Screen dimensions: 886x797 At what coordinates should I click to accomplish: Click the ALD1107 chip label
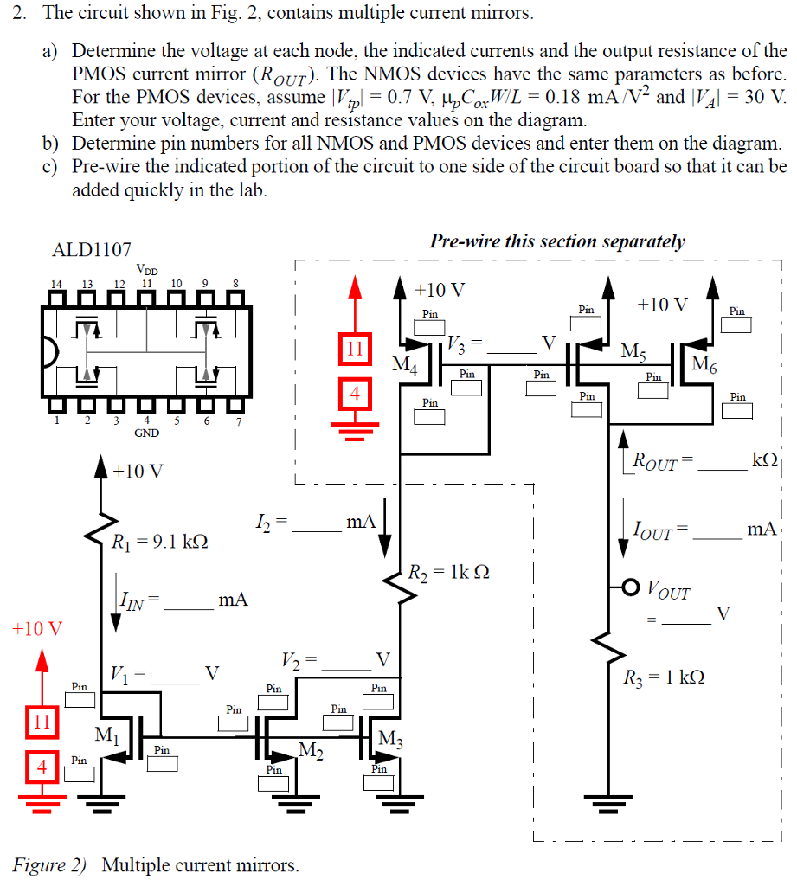(x=92, y=251)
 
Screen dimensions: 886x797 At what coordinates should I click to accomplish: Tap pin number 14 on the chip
(x=57, y=283)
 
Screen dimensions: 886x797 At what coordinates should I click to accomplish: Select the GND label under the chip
(x=145, y=433)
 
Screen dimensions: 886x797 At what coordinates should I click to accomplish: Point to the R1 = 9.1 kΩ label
(x=160, y=543)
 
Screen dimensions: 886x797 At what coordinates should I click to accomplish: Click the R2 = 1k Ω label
(x=450, y=572)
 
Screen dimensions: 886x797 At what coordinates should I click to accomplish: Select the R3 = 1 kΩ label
(x=664, y=677)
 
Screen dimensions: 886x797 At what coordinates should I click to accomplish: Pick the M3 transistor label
(x=391, y=740)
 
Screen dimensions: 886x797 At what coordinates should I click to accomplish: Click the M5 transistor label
(x=633, y=352)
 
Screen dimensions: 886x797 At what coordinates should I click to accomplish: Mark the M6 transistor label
(x=704, y=363)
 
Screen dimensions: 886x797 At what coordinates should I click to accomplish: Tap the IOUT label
(x=652, y=529)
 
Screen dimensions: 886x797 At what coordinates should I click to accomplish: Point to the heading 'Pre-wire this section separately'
(x=557, y=241)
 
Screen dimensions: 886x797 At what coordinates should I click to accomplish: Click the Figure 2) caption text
(x=156, y=864)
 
